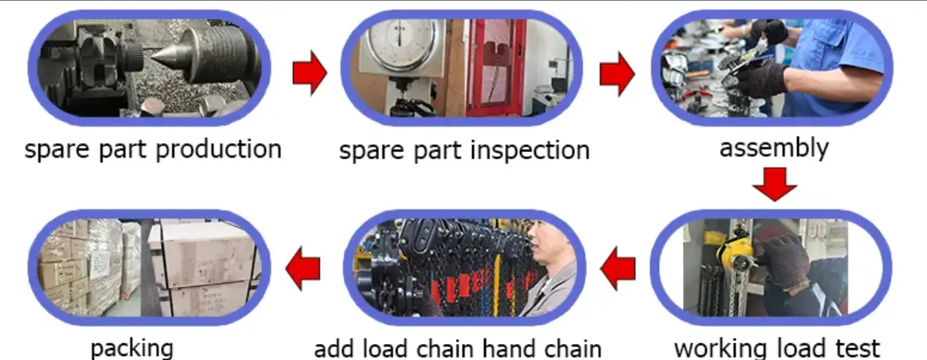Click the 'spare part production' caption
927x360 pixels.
point(153,149)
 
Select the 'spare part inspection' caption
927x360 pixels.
point(464,150)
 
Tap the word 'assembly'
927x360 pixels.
point(773,147)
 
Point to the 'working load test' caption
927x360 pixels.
point(776,348)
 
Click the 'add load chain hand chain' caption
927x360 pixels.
point(457,349)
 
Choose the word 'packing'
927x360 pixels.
point(131,349)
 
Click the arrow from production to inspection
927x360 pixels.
point(310,73)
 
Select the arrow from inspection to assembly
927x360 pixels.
point(616,74)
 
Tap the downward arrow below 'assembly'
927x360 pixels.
point(774,184)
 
